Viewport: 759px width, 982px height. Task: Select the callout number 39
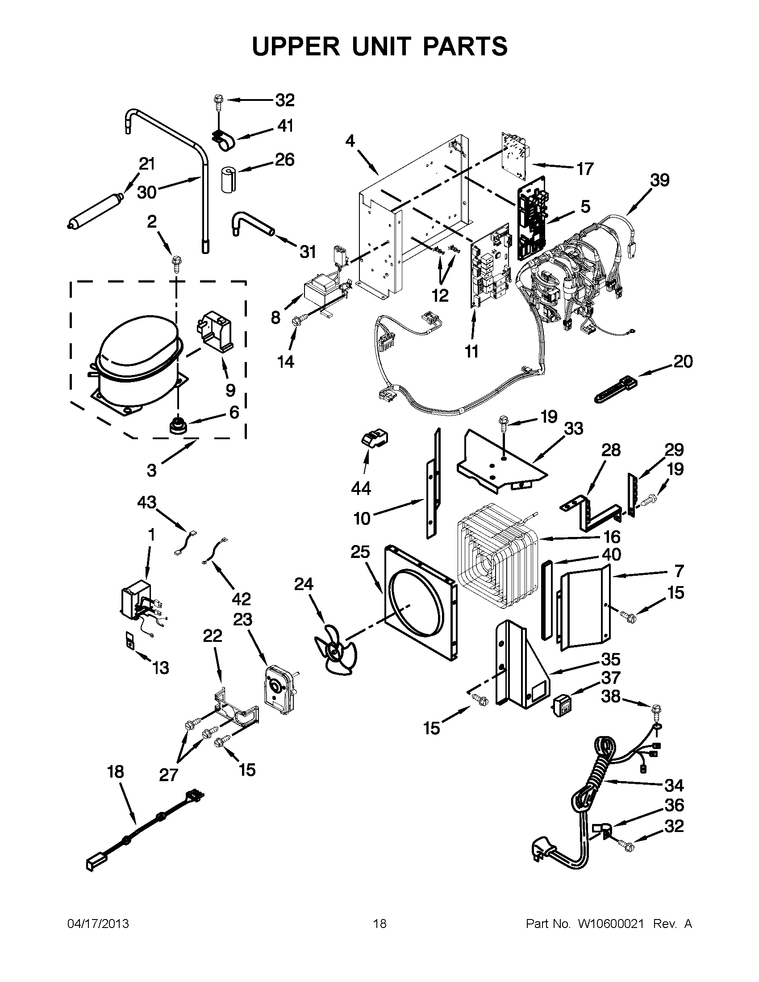click(659, 180)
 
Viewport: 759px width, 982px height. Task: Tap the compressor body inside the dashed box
click(135, 360)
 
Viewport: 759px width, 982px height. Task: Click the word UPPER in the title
click(296, 46)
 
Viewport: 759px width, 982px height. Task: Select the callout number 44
click(361, 488)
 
